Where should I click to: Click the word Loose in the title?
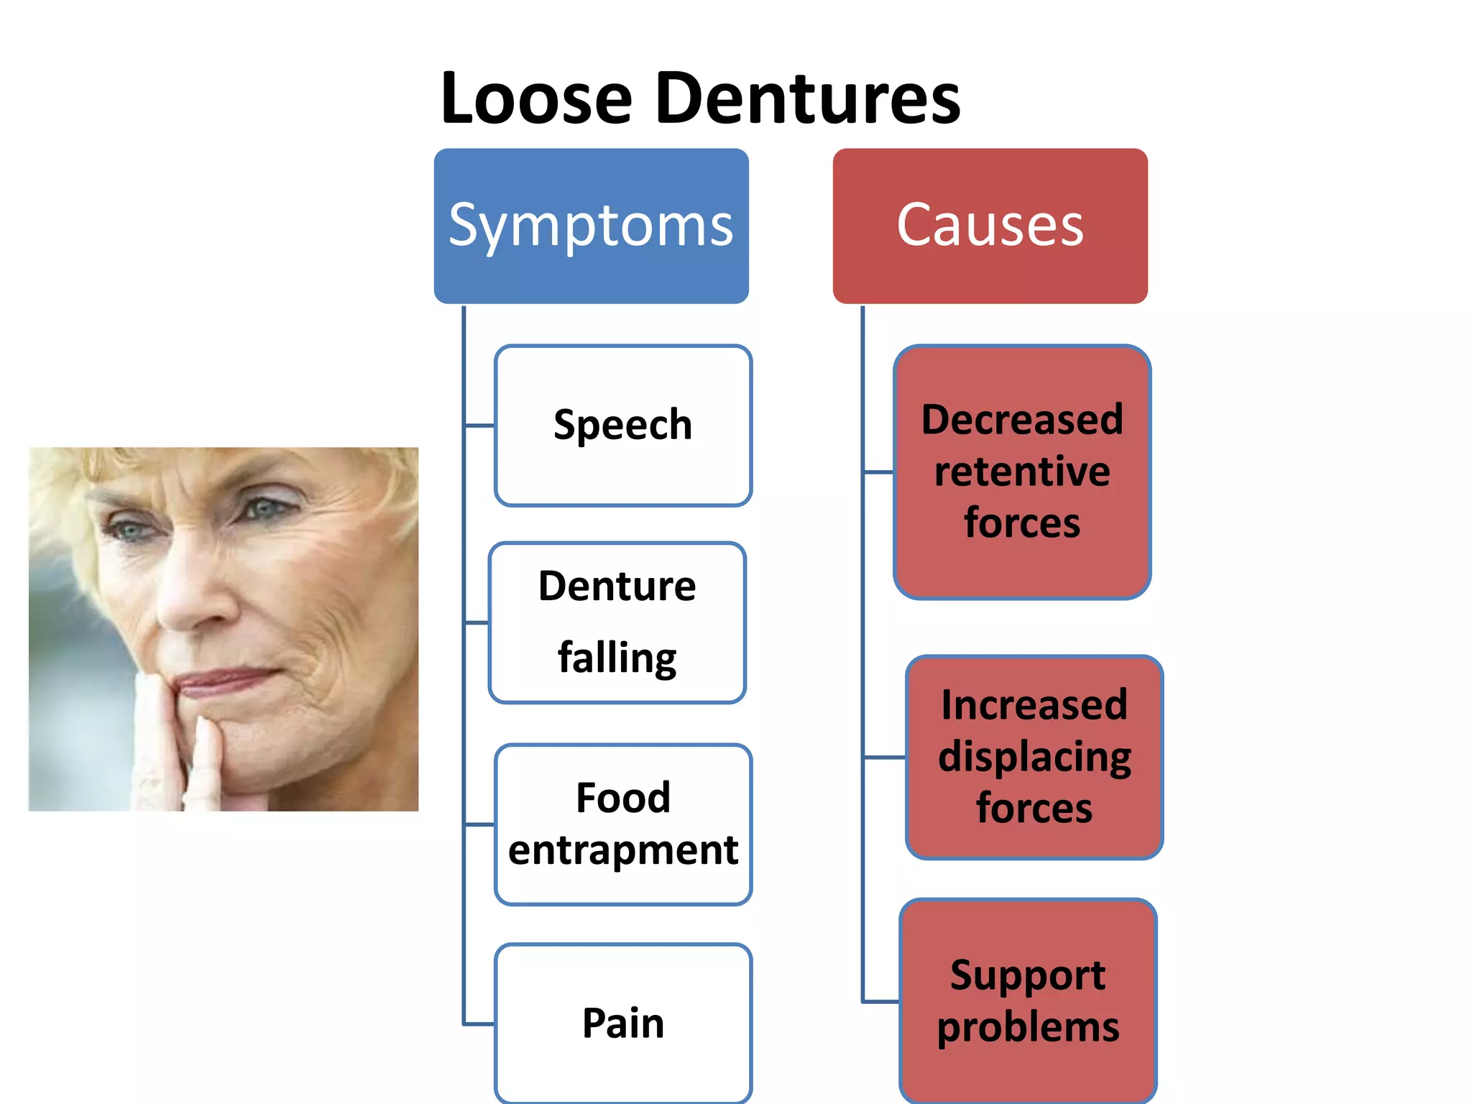pyautogui.click(x=536, y=98)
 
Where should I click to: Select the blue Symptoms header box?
pyautogui.click(x=591, y=226)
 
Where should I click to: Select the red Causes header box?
pyautogui.click(x=990, y=226)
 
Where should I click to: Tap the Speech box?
pyautogui.click(x=622, y=425)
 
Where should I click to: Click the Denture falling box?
pyautogui.click(x=617, y=622)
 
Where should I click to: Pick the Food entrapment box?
pyautogui.click(x=622, y=824)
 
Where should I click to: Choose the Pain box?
pyautogui.click(x=622, y=1022)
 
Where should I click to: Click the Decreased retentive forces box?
pyautogui.click(x=1021, y=471)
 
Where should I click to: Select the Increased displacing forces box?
pyautogui.click(x=1034, y=756)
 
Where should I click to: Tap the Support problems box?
pyautogui.click(x=1028, y=1000)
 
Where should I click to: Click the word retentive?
pyautogui.click(x=1021, y=471)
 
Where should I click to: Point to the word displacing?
pyautogui.click(x=1034, y=758)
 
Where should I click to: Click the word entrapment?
pyautogui.click(x=622, y=851)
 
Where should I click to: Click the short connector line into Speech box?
pyautogui.click(x=479, y=425)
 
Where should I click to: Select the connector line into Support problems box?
pyautogui.click(x=880, y=1000)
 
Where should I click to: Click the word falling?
pyautogui.click(x=617, y=658)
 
